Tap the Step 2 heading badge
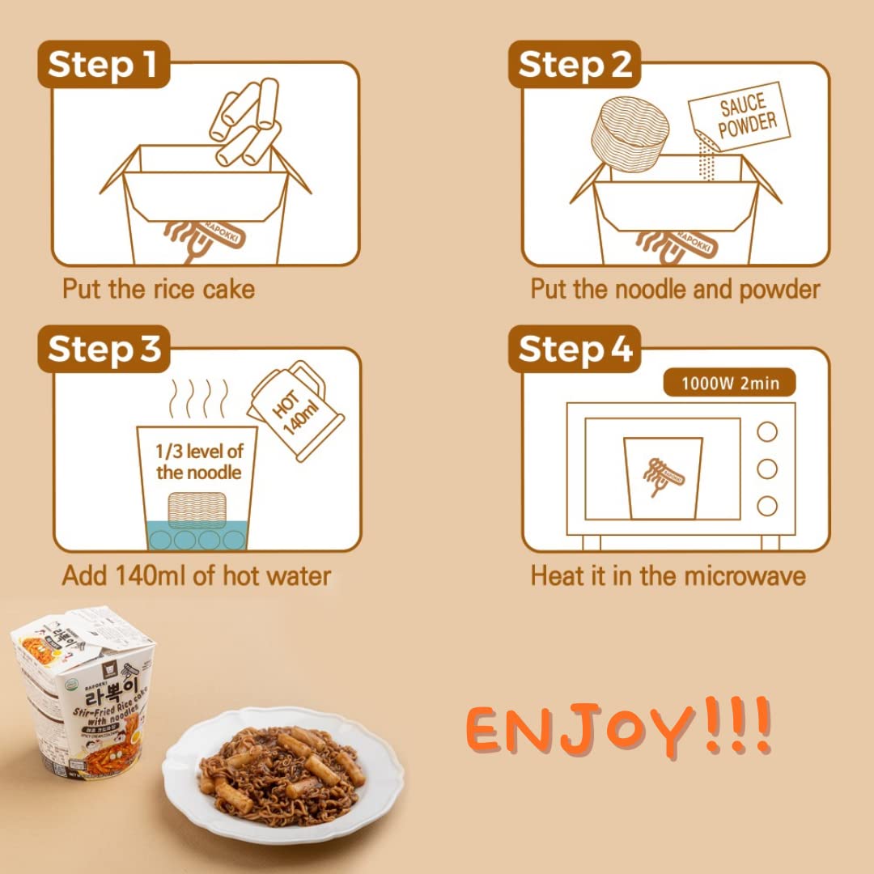(574, 64)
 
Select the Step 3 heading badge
(104, 350)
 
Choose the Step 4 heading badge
(574, 350)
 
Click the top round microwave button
(766, 432)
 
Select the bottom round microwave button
(766, 507)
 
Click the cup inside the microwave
(663, 477)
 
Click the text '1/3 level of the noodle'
(199, 461)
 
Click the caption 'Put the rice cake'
(159, 290)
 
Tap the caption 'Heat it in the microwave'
(668, 575)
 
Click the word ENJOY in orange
(583, 728)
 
